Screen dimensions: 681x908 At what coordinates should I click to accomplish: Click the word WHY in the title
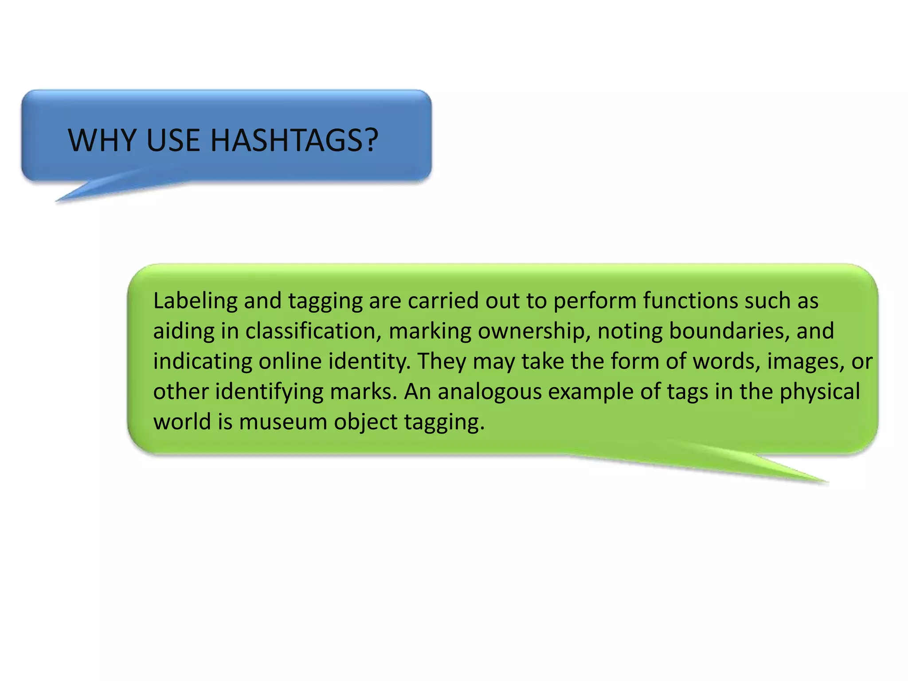tap(102, 141)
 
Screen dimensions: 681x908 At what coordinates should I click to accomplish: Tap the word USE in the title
tap(173, 141)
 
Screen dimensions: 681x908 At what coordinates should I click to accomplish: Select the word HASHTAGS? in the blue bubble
tap(294, 141)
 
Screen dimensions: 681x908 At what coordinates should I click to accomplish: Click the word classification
tap(313, 332)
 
